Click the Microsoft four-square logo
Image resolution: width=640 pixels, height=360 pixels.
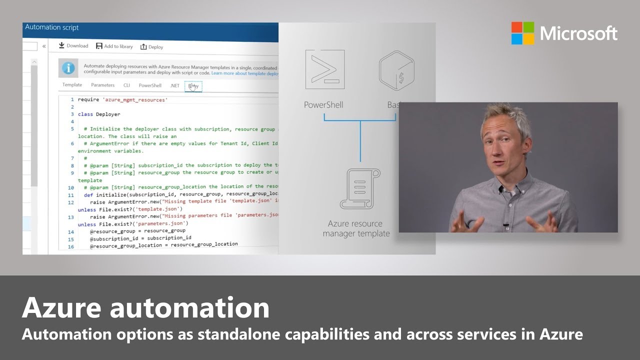pyautogui.click(x=522, y=33)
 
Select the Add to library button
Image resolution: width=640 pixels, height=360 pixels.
pyautogui.click(x=114, y=46)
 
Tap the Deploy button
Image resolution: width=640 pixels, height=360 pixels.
pyautogui.click(x=151, y=47)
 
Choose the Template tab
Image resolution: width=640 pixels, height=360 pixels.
pyautogui.click(x=72, y=85)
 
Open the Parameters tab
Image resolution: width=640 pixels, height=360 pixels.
pyautogui.click(x=102, y=85)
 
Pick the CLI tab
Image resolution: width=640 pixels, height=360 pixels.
pyautogui.click(x=126, y=85)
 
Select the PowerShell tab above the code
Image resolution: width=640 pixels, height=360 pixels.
pyautogui.click(x=150, y=85)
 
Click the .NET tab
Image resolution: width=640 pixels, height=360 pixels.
pyautogui.click(x=174, y=85)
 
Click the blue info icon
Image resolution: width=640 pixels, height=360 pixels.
pyautogui.click(x=68, y=68)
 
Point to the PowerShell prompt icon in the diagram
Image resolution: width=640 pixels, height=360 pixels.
pyautogui.click(x=324, y=69)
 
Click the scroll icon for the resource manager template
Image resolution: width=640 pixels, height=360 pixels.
pyautogui.click(x=359, y=188)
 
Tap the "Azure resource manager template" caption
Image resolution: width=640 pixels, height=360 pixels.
pyautogui.click(x=356, y=228)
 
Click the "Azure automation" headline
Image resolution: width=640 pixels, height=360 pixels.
pyautogui.click(x=145, y=307)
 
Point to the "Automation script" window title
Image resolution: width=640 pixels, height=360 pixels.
pyautogui.click(x=51, y=27)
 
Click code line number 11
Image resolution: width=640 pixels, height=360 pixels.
pyautogui.click(x=71, y=195)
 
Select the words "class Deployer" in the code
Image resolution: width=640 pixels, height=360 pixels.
pyautogui.click(x=99, y=114)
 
